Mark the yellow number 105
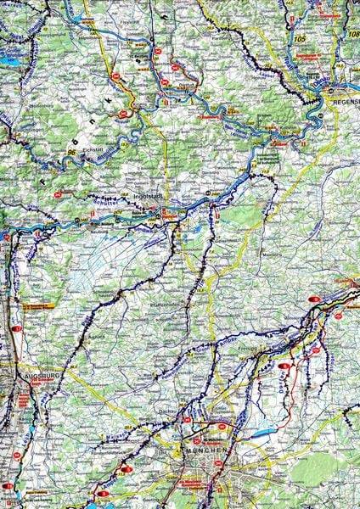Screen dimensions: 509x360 click(299, 39)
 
